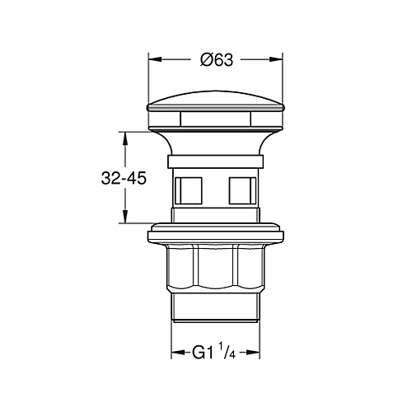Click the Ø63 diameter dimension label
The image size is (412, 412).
(x=217, y=60)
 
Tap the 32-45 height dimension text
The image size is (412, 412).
(x=124, y=179)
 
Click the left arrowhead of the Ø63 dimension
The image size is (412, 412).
(x=155, y=59)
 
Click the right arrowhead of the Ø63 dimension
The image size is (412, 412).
(x=276, y=59)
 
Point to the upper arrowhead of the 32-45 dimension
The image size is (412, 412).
(x=125, y=138)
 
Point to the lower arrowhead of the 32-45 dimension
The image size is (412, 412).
(x=125, y=217)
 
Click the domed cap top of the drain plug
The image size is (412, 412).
(x=216, y=101)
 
